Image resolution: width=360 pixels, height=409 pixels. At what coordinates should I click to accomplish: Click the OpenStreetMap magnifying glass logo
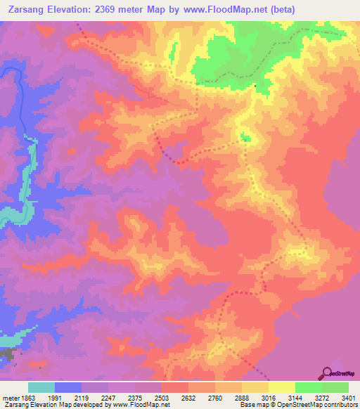point(326,373)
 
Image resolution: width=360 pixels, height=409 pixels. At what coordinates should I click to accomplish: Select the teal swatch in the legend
point(41,387)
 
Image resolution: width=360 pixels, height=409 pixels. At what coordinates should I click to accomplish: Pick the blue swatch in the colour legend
point(68,387)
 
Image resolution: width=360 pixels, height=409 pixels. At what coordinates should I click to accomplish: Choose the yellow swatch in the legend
point(282,387)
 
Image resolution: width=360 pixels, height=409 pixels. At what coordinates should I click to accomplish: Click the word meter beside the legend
point(11,397)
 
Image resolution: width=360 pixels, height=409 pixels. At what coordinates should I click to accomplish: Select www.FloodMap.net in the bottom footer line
point(145,405)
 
